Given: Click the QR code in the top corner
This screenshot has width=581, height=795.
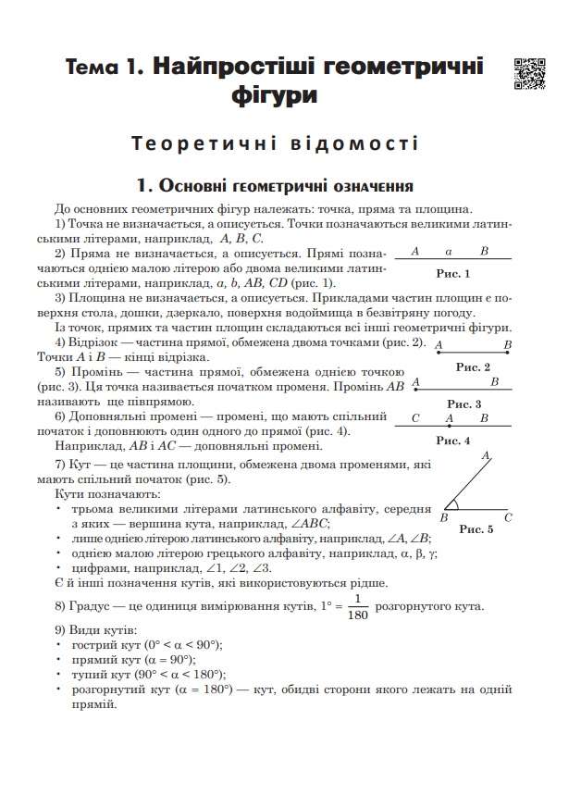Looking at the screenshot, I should coord(528,74).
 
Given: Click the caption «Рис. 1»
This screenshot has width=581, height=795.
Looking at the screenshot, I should coord(453,273).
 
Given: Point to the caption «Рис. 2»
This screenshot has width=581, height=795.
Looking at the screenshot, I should coord(473,367).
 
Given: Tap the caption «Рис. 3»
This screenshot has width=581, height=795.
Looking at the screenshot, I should coord(464,404).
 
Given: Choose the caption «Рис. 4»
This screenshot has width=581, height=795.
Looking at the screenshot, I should coord(453,440).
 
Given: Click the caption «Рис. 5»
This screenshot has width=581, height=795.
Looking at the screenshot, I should coord(476,528).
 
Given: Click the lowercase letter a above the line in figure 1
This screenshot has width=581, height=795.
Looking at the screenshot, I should coord(448,251).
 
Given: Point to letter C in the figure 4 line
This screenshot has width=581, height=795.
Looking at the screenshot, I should coord(415,418).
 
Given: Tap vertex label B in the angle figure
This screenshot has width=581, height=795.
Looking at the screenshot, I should coord(444,518).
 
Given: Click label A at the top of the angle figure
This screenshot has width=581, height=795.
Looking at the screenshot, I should coord(485,456).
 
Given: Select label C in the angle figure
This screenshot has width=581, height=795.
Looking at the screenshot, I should coord(508,518).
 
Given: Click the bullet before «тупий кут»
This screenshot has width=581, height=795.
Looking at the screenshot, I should coord(59,674).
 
